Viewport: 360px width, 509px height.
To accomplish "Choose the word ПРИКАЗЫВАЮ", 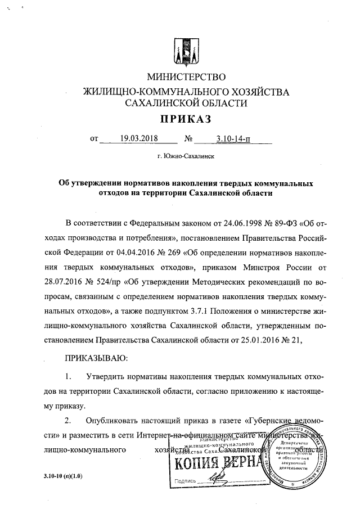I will click(x=97, y=357).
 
